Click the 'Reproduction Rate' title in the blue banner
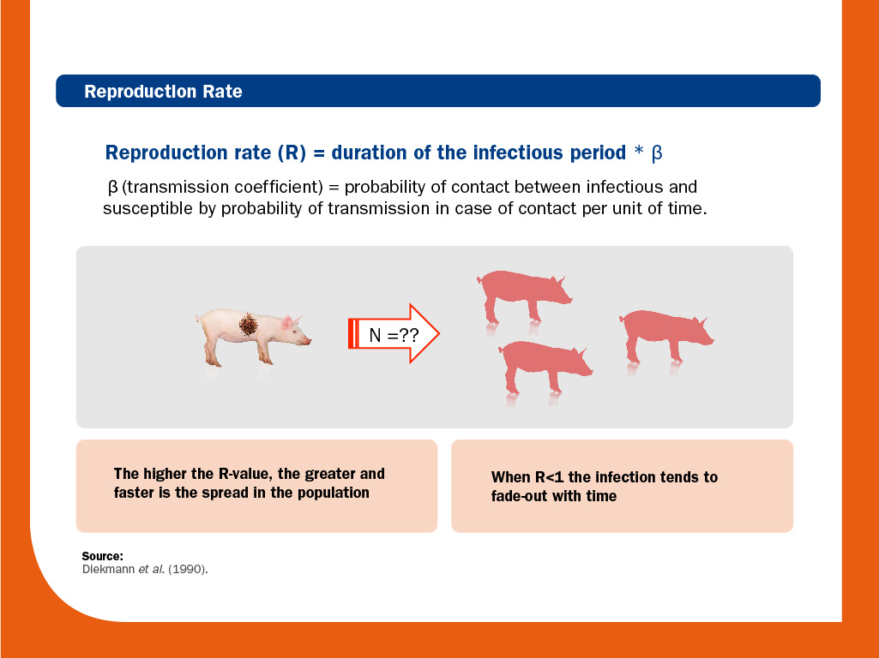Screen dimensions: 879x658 point(163,92)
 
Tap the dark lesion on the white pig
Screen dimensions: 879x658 point(249,324)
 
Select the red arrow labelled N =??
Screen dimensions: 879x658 point(394,334)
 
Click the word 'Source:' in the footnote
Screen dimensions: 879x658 point(103,556)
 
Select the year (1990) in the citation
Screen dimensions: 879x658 point(188,570)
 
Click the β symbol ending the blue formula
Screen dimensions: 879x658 point(657,153)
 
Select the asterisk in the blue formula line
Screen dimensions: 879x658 point(639,151)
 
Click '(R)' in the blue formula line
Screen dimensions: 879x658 point(292,153)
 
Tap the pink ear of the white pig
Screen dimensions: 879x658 point(287,321)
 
